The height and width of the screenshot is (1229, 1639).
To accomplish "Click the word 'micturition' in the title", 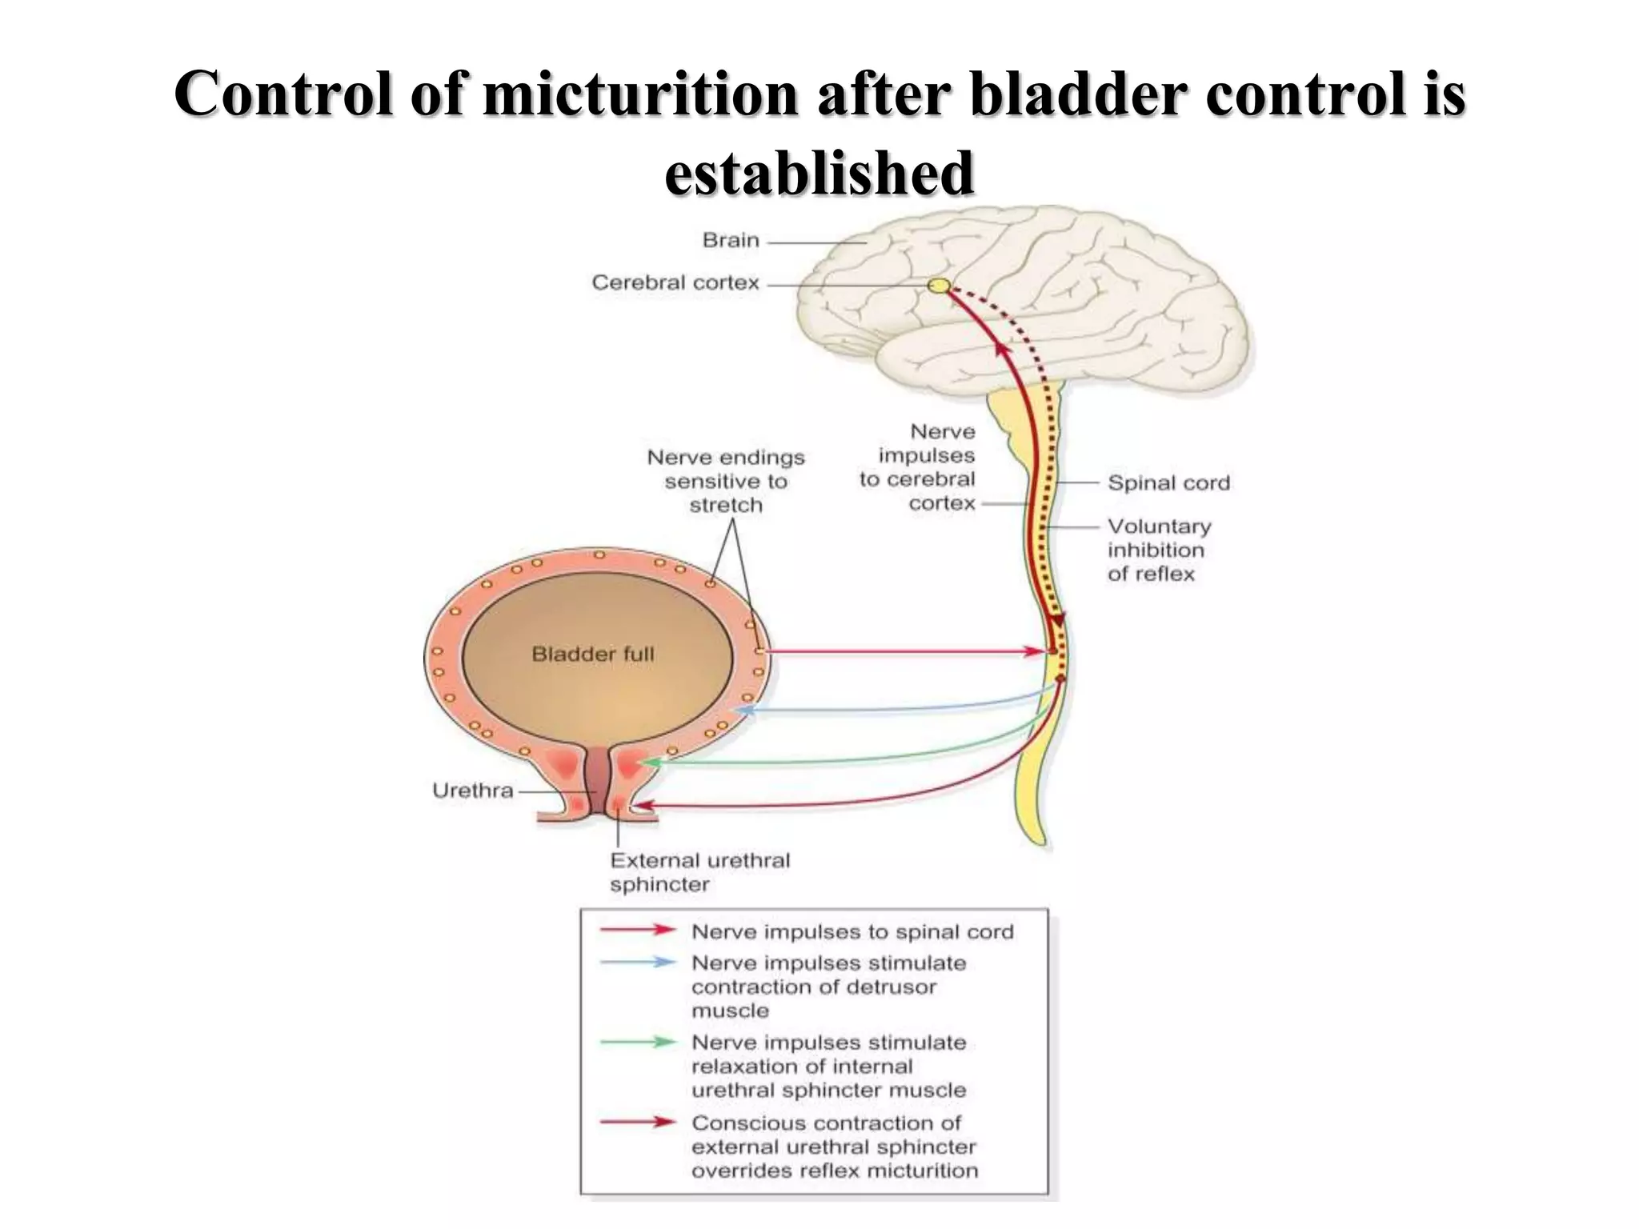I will (x=640, y=94).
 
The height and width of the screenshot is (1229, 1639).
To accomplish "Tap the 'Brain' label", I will (x=730, y=240).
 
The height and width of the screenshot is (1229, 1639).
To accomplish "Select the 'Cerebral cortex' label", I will (x=675, y=282).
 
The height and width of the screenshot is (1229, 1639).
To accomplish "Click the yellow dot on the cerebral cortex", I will (x=939, y=286).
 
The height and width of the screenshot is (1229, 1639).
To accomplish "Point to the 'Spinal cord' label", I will (x=1168, y=483).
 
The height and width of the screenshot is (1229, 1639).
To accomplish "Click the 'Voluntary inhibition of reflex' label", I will (x=1158, y=550).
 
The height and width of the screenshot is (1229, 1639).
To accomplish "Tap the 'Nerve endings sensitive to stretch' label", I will (x=725, y=481).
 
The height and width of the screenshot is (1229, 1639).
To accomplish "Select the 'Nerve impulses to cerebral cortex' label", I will (x=919, y=467).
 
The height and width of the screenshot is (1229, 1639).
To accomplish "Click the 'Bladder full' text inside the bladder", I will (x=593, y=655).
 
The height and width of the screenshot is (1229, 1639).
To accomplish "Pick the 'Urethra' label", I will (x=472, y=791).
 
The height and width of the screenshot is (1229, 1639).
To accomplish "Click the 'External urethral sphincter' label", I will (x=699, y=872).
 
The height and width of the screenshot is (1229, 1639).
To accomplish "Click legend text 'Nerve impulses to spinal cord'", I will (x=852, y=932).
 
